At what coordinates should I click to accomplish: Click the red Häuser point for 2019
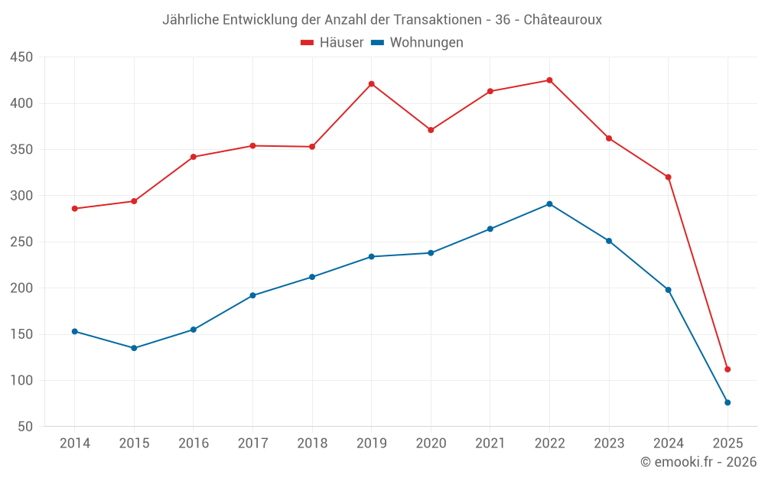click(372, 84)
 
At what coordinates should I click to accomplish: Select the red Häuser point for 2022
click(549, 80)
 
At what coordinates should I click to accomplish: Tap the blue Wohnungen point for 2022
click(549, 204)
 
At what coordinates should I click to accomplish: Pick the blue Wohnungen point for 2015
click(134, 348)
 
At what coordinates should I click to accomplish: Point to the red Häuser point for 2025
click(728, 369)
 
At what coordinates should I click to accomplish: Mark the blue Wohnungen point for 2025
click(728, 402)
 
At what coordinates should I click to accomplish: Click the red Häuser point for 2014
click(75, 209)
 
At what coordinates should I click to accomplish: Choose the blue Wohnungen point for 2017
click(252, 295)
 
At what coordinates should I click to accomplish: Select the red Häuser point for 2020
click(431, 130)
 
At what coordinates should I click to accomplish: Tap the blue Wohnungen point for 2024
click(668, 290)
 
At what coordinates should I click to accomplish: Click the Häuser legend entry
click(333, 43)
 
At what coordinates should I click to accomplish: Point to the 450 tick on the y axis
click(21, 57)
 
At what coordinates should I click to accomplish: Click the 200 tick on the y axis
click(21, 288)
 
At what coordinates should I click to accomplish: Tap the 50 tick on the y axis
click(25, 427)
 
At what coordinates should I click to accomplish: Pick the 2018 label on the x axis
click(312, 444)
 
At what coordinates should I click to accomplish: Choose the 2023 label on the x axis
click(609, 444)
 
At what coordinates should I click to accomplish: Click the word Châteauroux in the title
click(563, 20)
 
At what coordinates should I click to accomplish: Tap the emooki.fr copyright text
click(698, 462)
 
